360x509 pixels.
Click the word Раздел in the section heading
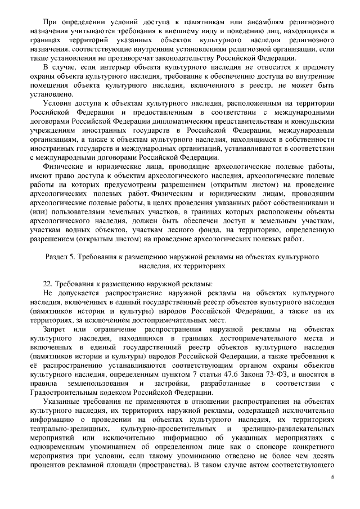click(57, 256)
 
